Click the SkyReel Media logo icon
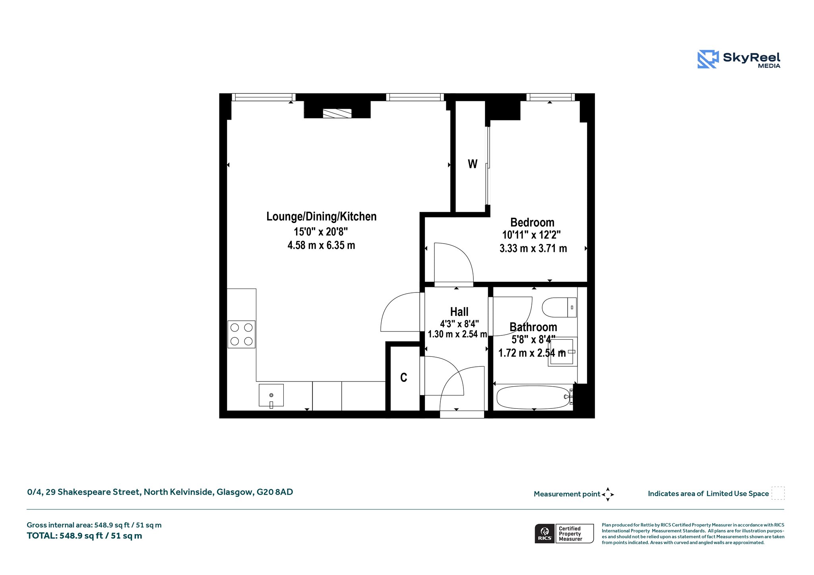point(708,59)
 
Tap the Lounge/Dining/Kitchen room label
point(321,217)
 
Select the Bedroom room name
point(532,222)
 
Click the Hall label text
point(459,312)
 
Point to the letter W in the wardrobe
point(472,164)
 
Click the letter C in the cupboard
point(403,378)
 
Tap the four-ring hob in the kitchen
point(242,334)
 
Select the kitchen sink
point(271,395)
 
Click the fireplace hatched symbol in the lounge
point(337,114)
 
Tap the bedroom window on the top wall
point(550,97)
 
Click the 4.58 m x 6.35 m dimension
point(321,245)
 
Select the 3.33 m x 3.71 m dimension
point(533,248)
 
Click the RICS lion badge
point(545,534)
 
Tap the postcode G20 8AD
point(275,492)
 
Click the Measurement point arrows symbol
point(608,494)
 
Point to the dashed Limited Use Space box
point(778,493)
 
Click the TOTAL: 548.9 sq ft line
point(84,536)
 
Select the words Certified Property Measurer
point(570,534)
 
